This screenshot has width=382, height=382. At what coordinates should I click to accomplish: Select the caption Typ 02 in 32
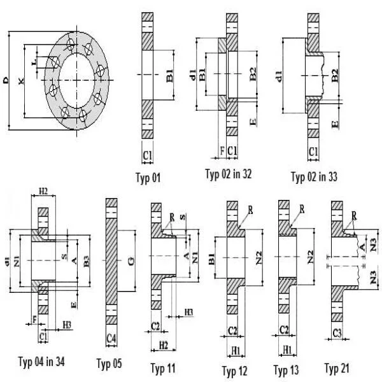click(x=228, y=174)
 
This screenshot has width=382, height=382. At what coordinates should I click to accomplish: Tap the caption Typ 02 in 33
click(x=314, y=176)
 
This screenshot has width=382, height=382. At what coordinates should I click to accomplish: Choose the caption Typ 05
click(x=109, y=364)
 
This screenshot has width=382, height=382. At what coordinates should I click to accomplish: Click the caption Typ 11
click(x=164, y=367)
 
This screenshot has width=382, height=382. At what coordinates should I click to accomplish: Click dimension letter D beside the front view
click(x=6, y=79)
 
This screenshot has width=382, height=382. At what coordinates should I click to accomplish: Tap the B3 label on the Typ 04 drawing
click(x=87, y=260)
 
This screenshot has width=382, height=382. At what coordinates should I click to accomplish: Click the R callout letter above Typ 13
click(x=301, y=208)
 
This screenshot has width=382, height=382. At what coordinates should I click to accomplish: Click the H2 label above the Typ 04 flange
click(x=43, y=191)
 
